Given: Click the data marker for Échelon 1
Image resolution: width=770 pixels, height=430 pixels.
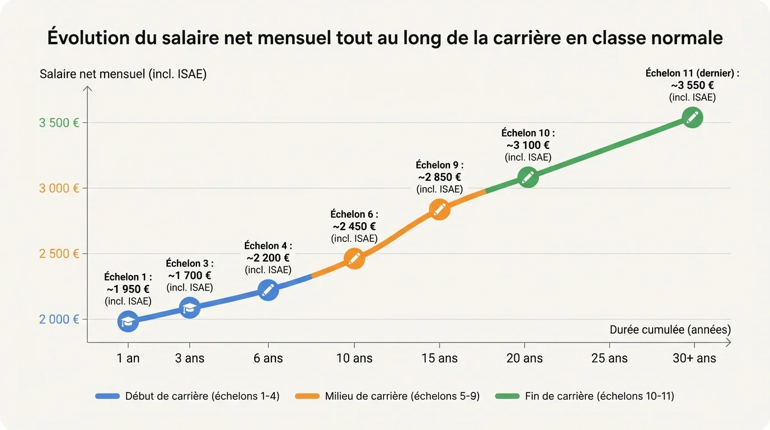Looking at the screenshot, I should coord(128,321).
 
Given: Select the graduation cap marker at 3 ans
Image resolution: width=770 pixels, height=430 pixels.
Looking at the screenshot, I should coord(190,307).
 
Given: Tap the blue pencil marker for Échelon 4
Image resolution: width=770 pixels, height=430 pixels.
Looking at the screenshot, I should coord(268,289).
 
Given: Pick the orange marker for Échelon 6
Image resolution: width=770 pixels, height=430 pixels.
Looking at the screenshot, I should coord(354,258).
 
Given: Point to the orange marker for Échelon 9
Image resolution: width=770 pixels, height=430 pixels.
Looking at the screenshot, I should coord(439,209).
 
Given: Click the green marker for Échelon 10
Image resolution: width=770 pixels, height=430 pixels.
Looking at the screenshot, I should coord(528,177).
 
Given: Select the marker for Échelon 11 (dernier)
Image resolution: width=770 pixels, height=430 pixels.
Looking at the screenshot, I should coord(692,118).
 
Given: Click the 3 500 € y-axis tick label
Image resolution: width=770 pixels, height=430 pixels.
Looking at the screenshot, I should coord(59,123).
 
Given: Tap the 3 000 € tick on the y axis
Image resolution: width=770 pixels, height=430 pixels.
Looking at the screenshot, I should coord(59,188).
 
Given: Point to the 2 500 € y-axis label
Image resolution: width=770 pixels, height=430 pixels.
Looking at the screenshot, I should coord(59,254).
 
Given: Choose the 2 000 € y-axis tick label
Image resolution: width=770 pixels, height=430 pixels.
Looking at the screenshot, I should coord(59,320).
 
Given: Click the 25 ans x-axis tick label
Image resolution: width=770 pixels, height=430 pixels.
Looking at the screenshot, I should coord(609,358).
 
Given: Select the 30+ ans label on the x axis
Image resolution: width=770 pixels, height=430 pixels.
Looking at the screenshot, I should coord(694,358).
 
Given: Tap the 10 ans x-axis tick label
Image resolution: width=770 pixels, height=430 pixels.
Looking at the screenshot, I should coord(354,358).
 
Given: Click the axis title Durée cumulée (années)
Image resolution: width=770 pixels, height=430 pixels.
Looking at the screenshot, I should coord(670,330).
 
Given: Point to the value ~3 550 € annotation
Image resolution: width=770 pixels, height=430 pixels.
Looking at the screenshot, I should coord(692,85).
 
